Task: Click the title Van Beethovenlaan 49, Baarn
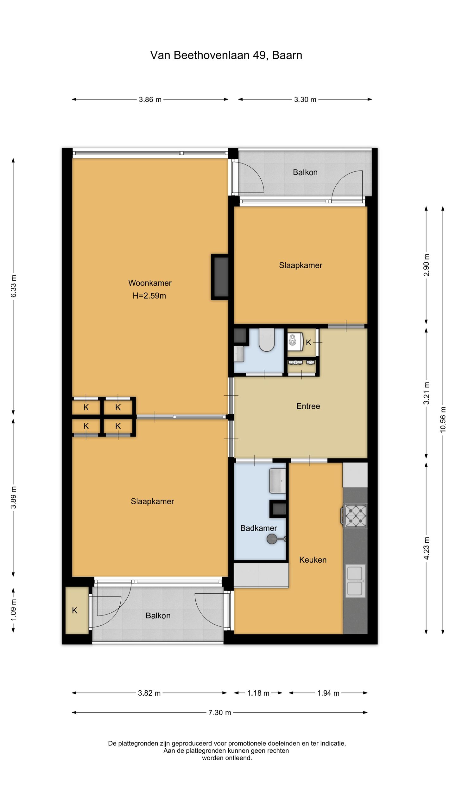pyautogui.click(x=226, y=55)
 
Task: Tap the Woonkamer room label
pyautogui.click(x=150, y=283)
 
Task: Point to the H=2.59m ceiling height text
pyautogui.click(x=149, y=296)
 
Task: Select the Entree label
pyautogui.click(x=308, y=406)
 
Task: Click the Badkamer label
pyautogui.click(x=258, y=528)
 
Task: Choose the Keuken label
pyautogui.click(x=313, y=560)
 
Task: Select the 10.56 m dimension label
pyautogui.click(x=443, y=419)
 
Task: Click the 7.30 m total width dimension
pyautogui.click(x=220, y=712)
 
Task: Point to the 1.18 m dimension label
pyautogui.click(x=258, y=693)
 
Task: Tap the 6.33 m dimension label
pyautogui.click(x=13, y=286)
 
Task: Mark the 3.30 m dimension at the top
pyautogui.click(x=305, y=99)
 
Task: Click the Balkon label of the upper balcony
pyautogui.click(x=305, y=172)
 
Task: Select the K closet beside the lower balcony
pyautogui.click(x=77, y=610)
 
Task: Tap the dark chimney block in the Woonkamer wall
pyautogui.click(x=220, y=277)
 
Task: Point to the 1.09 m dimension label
pyautogui.click(x=13, y=610)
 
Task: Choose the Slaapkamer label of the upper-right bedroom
pyautogui.click(x=301, y=265)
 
